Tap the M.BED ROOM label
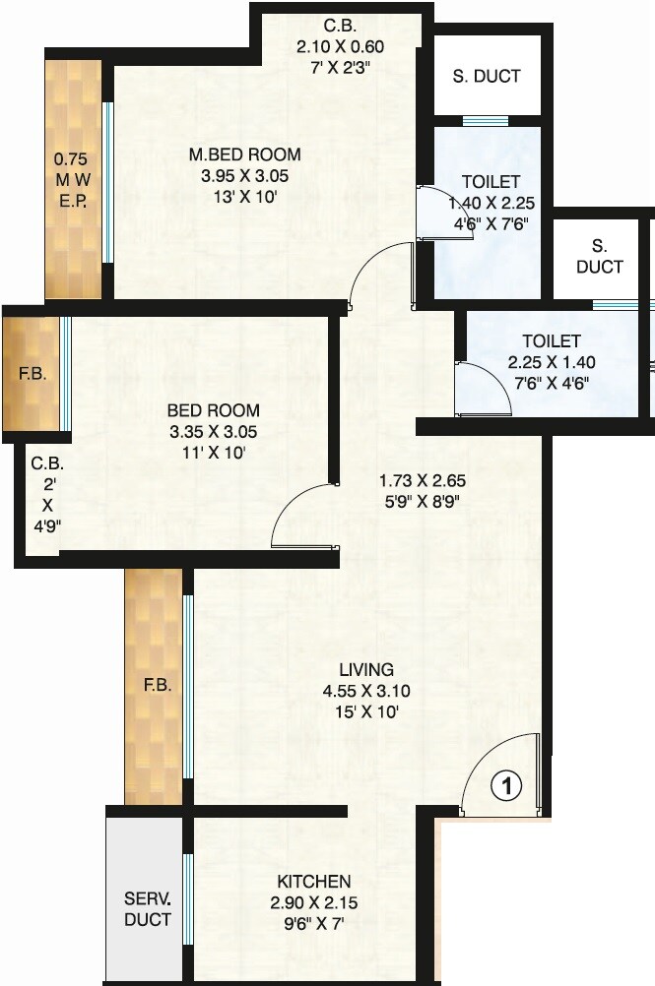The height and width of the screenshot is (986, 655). point(245,154)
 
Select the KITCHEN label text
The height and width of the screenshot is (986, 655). point(314,881)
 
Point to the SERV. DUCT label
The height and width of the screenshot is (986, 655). point(148,909)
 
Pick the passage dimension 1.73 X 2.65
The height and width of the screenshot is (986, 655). point(422,481)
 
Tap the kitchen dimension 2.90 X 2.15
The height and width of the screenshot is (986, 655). point(314,901)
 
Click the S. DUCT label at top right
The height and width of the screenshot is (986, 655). point(488,76)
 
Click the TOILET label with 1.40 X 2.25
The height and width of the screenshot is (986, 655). point(491,182)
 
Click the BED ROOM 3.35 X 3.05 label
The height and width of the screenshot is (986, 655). point(213,410)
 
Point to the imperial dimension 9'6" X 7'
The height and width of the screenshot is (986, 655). point(314,922)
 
